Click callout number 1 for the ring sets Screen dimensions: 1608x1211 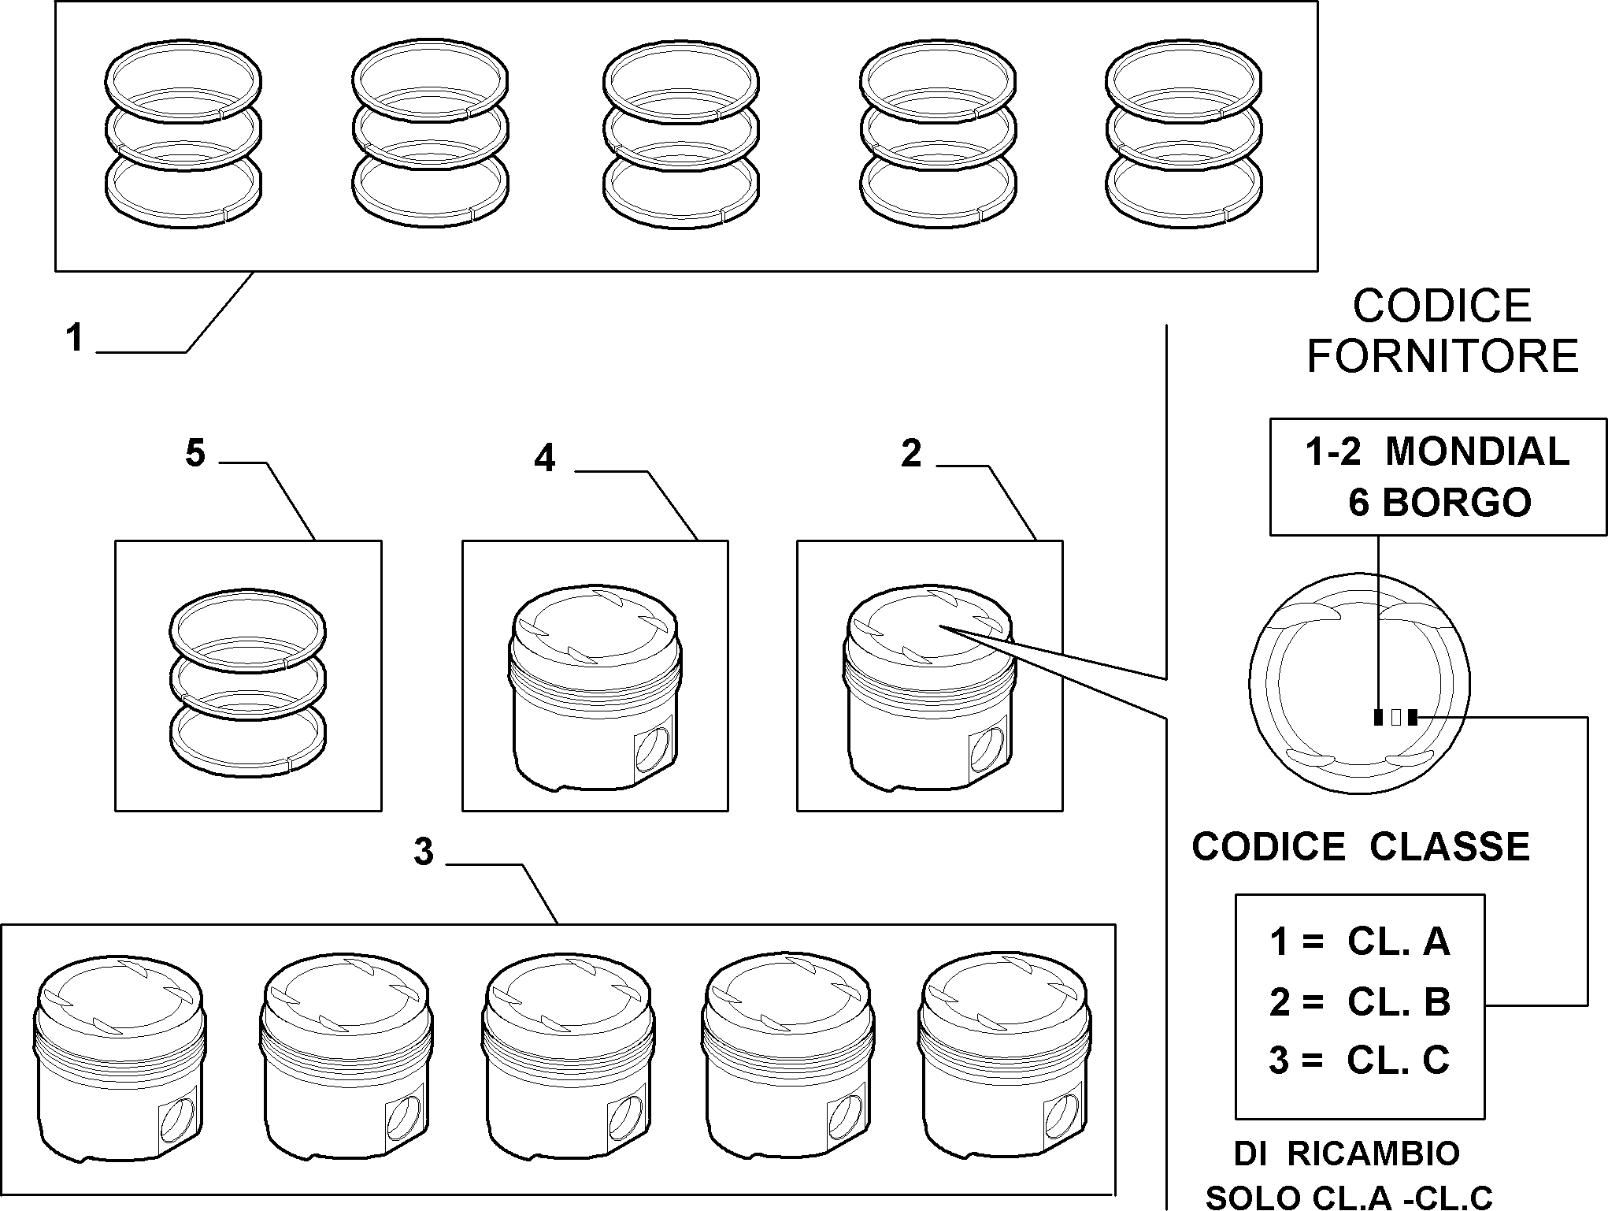pyautogui.click(x=75, y=338)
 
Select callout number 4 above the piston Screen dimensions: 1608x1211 pyautogui.click(x=545, y=458)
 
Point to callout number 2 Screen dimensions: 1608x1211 pyautogui.click(x=911, y=453)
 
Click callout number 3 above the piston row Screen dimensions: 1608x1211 pyautogui.click(x=424, y=853)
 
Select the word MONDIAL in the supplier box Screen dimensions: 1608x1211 pyautogui.click(x=1477, y=451)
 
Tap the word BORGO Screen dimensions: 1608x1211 pyautogui.click(x=1457, y=503)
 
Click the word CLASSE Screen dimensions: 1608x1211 pyautogui.click(x=1450, y=847)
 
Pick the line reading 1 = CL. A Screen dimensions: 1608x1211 pyautogui.click(x=1360, y=942)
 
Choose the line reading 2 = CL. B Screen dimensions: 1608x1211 pyautogui.click(x=1360, y=1001)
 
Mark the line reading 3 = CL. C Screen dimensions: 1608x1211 pyautogui.click(x=1360, y=1061)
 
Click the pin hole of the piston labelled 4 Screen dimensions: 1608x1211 pyautogui.click(x=653, y=749)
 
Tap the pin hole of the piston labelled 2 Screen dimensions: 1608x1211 pyautogui.click(x=987, y=749)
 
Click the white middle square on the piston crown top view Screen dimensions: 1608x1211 pyautogui.click(x=1395, y=717)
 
